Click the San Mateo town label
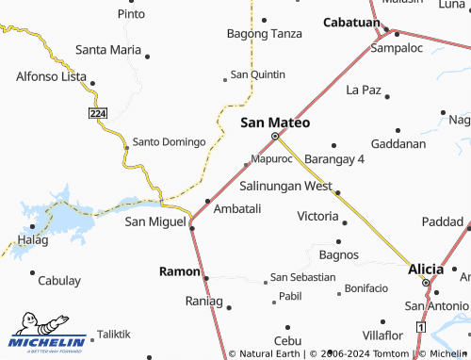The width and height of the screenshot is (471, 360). coord(275,122)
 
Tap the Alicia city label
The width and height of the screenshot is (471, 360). coord(425,269)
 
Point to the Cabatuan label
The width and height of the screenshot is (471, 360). coord(351,22)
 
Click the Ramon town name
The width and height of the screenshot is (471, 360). coord(178,271)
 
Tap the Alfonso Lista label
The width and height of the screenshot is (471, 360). coord(51,78)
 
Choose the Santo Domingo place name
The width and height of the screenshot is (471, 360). coord(169,141)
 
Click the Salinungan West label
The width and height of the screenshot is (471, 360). coord(285,186)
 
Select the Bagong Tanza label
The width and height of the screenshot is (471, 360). coord(265,33)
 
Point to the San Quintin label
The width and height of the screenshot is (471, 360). coord(257,74)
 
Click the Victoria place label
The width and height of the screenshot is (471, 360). coord(317,216)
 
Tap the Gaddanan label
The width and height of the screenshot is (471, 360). coord(398,143)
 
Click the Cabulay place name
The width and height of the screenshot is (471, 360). coord(59,280)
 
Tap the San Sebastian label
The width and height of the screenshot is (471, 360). coord(302,277)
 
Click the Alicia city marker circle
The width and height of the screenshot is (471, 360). coord(425,283)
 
